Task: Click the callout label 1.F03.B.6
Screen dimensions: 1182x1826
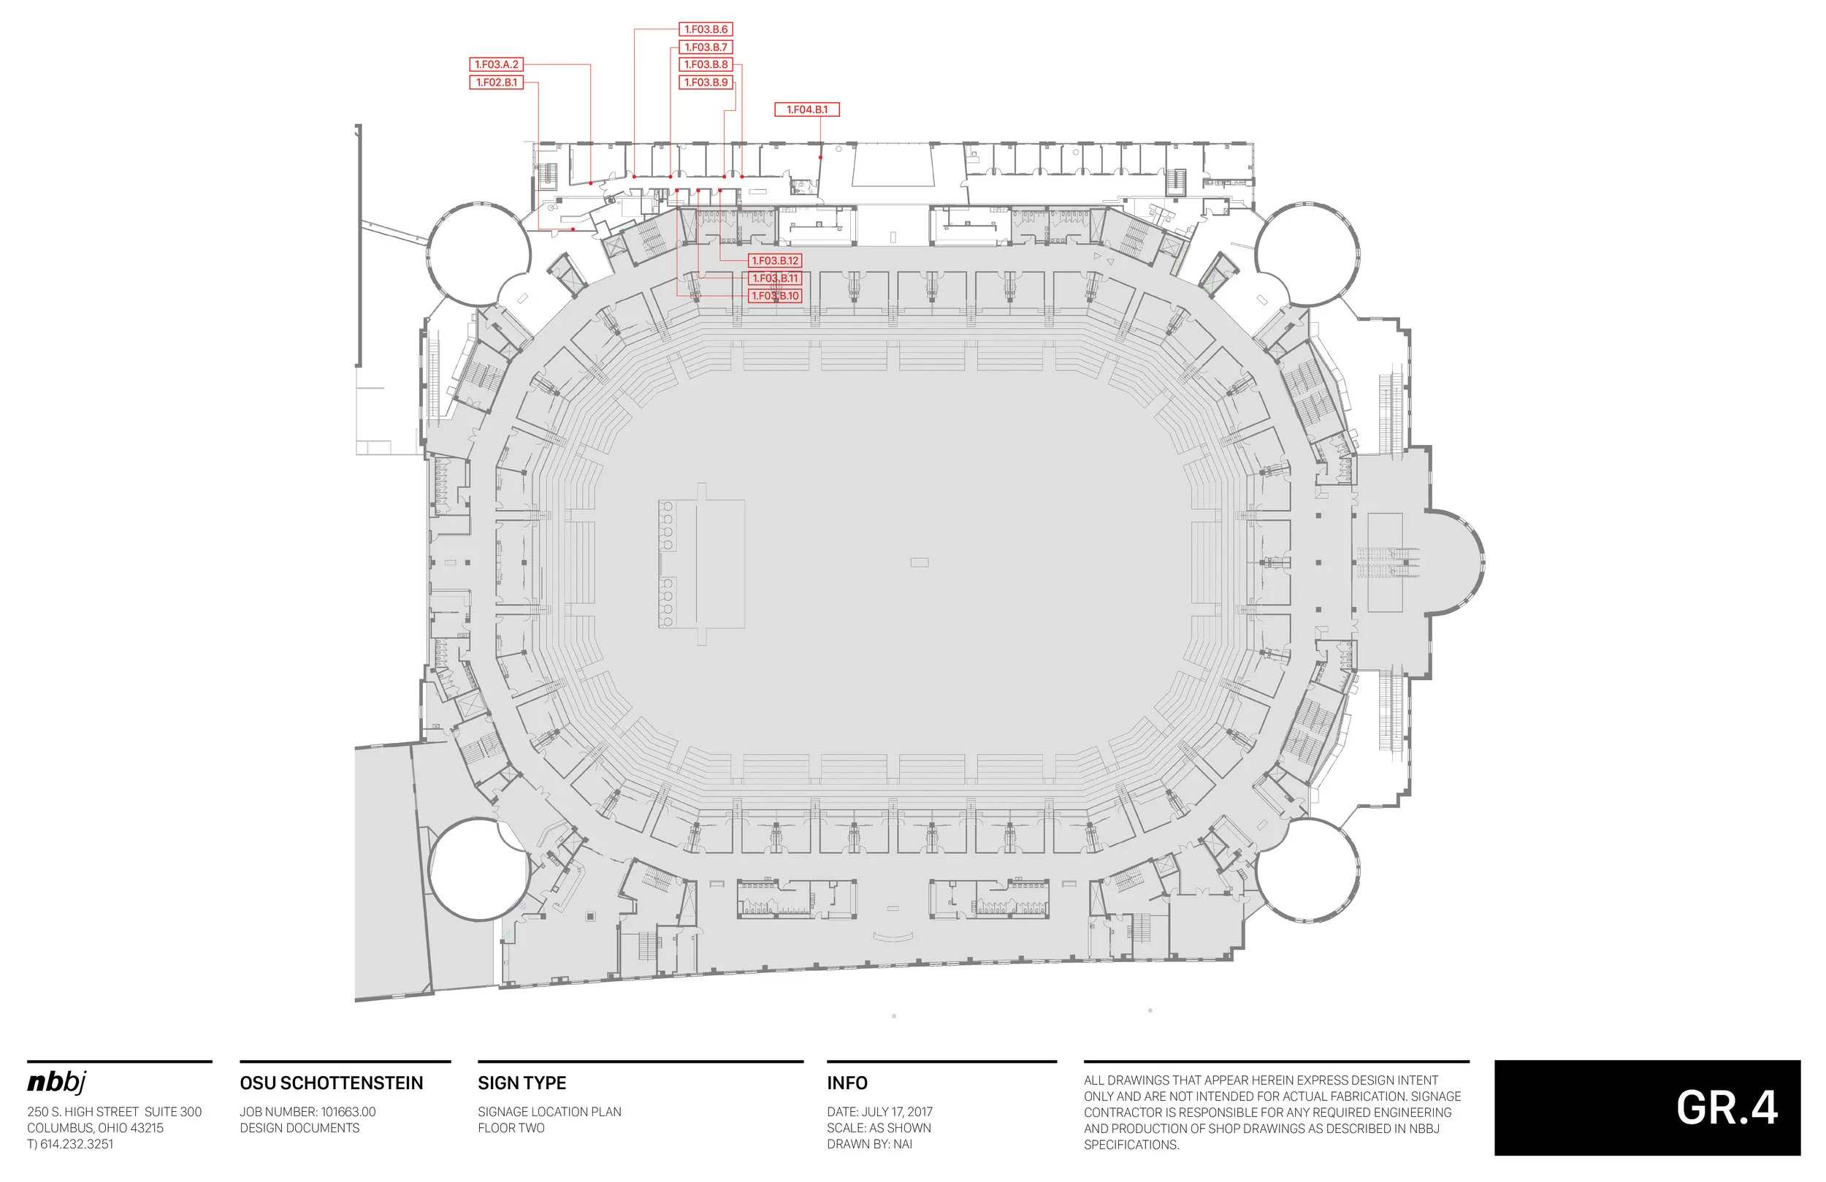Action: (706, 29)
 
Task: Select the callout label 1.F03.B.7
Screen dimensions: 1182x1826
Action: (706, 47)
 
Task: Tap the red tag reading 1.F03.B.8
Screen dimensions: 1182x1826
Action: (706, 64)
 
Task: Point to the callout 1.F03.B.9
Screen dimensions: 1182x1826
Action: (706, 82)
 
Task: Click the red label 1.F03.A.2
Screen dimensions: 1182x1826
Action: (497, 64)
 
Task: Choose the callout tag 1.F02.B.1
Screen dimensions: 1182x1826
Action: (497, 82)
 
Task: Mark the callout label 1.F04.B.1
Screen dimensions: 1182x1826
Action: (807, 110)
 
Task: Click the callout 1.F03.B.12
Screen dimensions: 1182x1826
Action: (775, 261)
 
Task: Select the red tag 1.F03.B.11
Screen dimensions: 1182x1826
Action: (775, 278)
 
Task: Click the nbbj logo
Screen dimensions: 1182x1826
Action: (57, 1082)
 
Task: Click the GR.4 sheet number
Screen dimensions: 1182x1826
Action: (1726, 1108)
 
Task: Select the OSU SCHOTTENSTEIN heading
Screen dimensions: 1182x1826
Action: (332, 1083)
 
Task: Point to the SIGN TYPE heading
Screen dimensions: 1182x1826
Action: (522, 1083)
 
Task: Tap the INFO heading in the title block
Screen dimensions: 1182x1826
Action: (847, 1083)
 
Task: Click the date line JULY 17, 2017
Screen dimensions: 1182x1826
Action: (880, 1111)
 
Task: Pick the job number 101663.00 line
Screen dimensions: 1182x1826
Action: (307, 1111)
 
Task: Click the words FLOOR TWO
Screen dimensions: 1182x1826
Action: (511, 1127)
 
